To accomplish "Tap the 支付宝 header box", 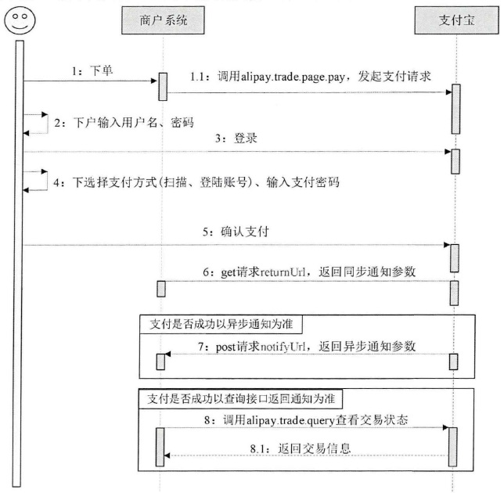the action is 454,20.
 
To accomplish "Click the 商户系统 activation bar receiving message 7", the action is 162,362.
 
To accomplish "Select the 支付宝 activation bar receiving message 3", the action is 455,160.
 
